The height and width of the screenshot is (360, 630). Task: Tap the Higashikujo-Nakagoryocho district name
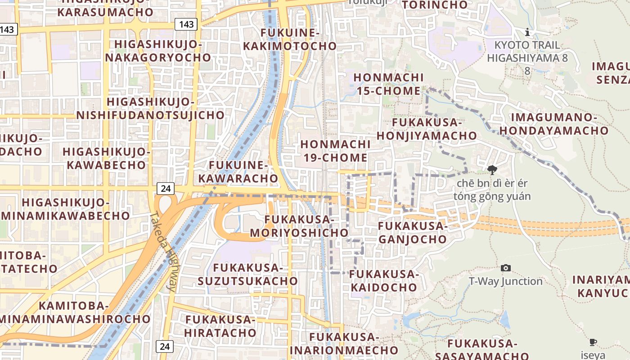click(x=157, y=51)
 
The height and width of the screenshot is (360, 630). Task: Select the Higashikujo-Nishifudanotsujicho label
click(x=150, y=108)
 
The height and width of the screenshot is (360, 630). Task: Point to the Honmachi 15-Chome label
click(x=388, y=84)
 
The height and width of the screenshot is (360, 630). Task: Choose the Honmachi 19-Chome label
click(x=335, y=151)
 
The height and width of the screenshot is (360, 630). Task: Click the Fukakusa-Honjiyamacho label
click(x=427, y=129)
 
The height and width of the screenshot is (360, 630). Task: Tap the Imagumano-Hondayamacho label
click(x=554, y=124)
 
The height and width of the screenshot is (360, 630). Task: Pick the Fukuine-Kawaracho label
click(x=238, y=171)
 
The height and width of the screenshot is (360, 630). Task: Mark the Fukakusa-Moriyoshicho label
click(x=299, y=226)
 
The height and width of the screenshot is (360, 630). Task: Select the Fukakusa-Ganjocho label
click(x=413, y=232)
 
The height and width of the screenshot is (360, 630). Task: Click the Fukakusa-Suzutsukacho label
click(x=247, y=274)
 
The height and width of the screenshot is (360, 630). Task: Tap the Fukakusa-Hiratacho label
click(x=220, y=326)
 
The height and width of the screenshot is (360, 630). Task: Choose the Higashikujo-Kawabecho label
click(x=106, y=158)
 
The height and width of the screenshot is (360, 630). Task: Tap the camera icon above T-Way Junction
click(x=506, y=268)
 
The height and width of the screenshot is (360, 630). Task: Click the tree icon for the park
click(x=492, y=170)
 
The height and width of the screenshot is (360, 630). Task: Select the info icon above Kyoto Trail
click(x=527, y=32)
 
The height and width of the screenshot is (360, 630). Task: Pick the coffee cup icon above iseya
click(x=593, y=342)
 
